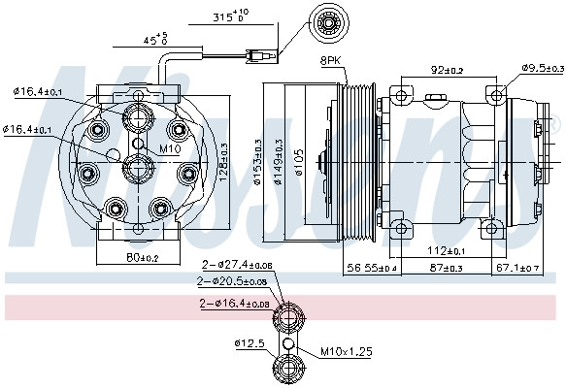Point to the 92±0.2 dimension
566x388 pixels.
click(x=447, y=70)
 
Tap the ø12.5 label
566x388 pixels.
click(x=249, y=342)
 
